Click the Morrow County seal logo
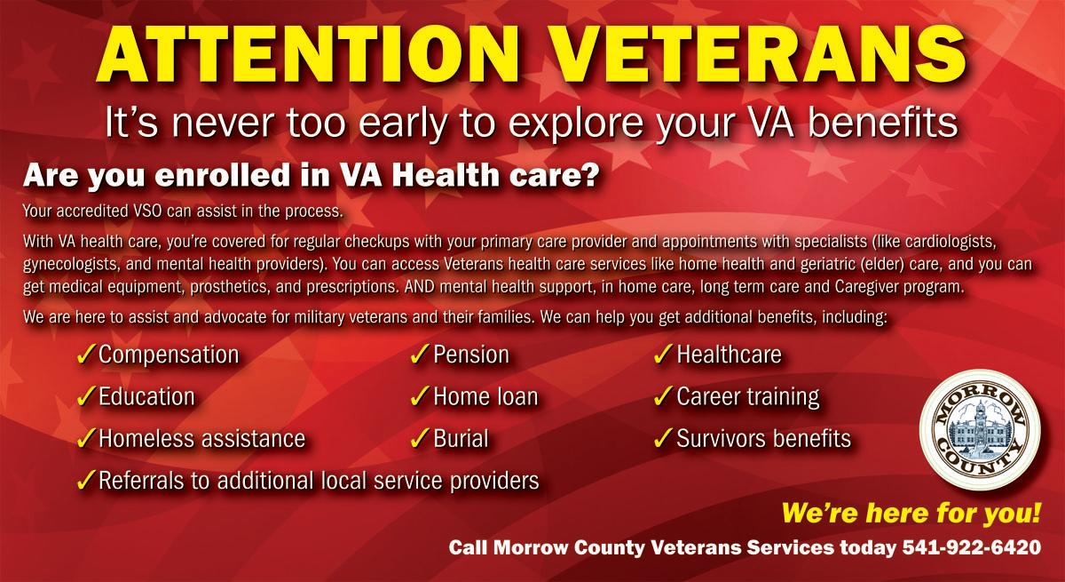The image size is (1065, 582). point(980,430)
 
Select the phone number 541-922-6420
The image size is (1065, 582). point(972,547)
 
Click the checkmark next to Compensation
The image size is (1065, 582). point(86,355)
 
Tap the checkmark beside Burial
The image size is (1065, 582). point(421,438)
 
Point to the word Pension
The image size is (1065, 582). point(471,355)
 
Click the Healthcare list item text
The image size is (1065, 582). point(729,355)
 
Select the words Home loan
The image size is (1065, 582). point(485,397)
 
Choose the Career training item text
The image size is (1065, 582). point(748,397)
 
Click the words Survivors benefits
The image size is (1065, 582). point(763,439)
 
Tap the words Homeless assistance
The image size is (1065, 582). point(201,439)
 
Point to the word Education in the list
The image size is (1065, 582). point(146,397)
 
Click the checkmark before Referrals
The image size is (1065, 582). point(86,480)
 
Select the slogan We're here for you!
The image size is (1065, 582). point(911,514)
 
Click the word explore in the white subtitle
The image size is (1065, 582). point(575,124)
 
